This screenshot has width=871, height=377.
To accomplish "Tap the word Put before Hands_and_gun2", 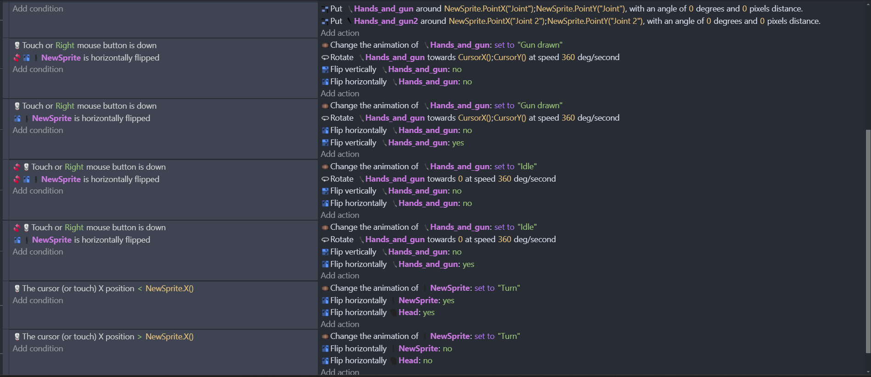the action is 336,21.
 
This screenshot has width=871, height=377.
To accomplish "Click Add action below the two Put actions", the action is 340,33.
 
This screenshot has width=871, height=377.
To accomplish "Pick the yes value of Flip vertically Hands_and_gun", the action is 458,143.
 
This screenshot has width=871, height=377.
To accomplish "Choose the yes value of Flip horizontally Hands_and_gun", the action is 468,264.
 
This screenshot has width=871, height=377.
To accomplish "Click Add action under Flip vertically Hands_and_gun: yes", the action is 340,154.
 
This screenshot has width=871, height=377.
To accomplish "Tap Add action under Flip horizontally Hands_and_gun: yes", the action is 340,276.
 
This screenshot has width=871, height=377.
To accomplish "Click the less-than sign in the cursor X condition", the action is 140,288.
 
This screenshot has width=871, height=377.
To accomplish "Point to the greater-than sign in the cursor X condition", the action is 140,337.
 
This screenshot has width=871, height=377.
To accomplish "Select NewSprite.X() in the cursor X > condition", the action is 169,337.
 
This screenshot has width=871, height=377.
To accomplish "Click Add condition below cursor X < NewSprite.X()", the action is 38,300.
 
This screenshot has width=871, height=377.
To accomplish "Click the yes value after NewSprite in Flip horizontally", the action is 449,300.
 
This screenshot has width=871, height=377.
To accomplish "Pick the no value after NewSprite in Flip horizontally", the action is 448,349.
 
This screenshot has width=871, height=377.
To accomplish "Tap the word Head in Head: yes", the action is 408,312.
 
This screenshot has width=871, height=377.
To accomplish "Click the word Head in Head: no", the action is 408,360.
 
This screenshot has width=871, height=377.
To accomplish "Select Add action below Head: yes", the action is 340,324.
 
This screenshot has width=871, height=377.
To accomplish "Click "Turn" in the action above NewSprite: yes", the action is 509,288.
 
